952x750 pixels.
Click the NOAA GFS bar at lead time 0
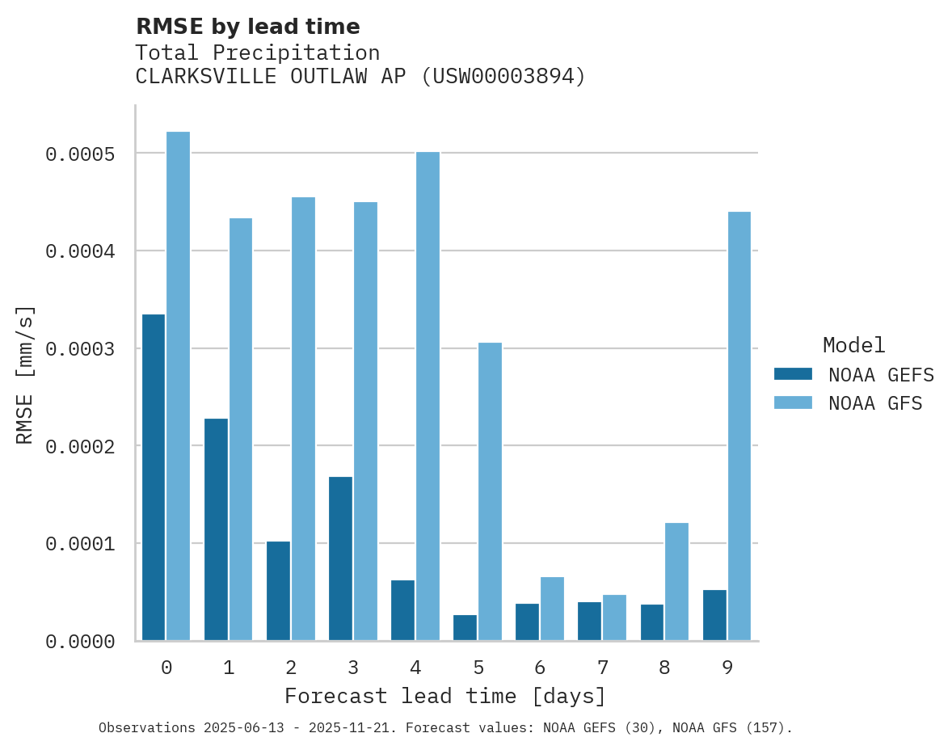coord(178,386)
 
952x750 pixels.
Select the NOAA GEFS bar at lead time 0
coord(154,478)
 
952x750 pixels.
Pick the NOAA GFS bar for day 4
coord(428,396)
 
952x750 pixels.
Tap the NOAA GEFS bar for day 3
coord(340,558)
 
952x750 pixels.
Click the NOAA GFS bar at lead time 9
coord(739,426)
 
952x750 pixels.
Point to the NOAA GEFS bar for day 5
coord(465,628)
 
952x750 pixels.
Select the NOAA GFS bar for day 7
coord(614,618)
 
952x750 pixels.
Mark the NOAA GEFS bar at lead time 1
coord(216,529)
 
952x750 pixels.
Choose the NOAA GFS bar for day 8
coord(676,582)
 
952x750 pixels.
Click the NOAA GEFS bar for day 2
coord(278,591)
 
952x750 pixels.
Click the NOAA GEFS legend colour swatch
coord(793,374)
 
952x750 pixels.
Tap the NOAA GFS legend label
coord(874,403)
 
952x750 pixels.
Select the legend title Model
coord(853,345)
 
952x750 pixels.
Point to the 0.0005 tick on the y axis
coord(79,154)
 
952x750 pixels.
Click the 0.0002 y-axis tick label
coord(79,446)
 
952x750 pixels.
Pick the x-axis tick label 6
coord(540,668)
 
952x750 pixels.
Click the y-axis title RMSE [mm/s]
coord(25,374)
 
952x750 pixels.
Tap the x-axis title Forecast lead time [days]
coord(445,696)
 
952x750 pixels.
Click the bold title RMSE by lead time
coord(247,27)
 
